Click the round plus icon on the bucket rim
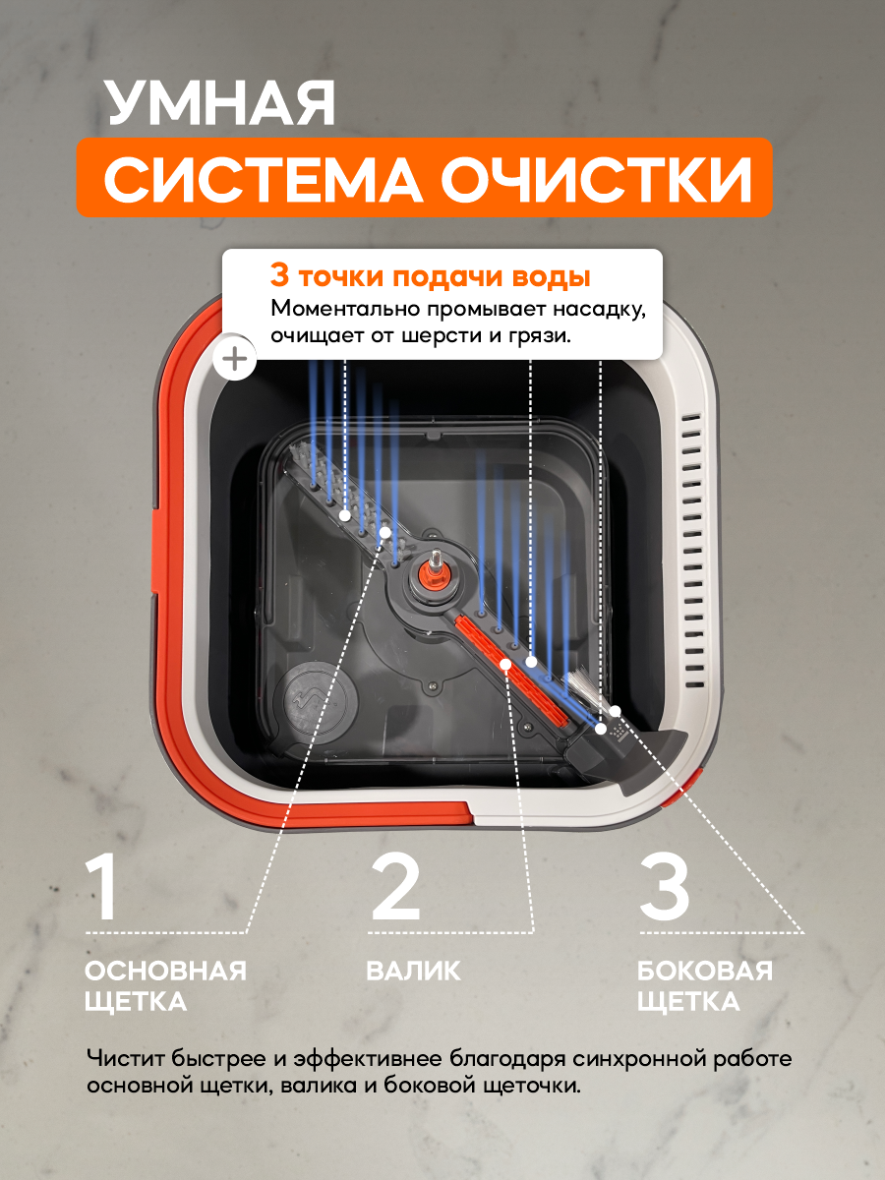point(236,359)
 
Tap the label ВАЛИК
point(413,972)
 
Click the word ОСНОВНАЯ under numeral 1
point(165,972)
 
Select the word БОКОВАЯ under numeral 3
point(704,972)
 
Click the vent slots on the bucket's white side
point(692,551)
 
